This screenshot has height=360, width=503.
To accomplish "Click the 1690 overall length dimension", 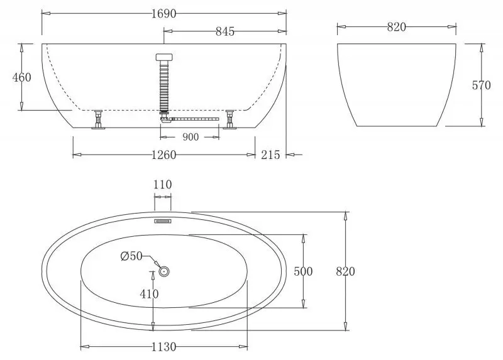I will [x=163, y=13].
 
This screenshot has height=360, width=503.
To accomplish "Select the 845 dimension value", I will [x=224, y=31].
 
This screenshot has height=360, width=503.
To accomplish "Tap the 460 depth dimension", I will [x=22, y=77].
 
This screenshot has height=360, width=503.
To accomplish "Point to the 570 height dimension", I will [x=481, y=85].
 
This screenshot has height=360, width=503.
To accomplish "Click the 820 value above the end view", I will [x=396, y=26].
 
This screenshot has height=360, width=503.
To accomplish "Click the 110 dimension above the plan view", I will [x=163, y=185].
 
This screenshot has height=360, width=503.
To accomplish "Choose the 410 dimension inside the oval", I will [x=150, y=293].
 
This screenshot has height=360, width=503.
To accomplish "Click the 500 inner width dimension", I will [x=304, y=271].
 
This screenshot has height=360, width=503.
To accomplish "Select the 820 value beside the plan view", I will [x=345, y=271].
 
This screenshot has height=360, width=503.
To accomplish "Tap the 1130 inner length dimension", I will [x=163, y=346].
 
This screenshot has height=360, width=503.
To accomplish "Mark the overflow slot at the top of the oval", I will [x=163, y=221].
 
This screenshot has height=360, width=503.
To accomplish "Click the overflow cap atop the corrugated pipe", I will [x=164, y=56].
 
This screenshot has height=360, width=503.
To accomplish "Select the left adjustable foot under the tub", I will [x=99, y=119].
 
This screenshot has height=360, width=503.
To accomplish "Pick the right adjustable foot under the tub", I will [x=230, y=119].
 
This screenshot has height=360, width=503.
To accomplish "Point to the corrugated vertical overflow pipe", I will [x=164, y=85].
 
